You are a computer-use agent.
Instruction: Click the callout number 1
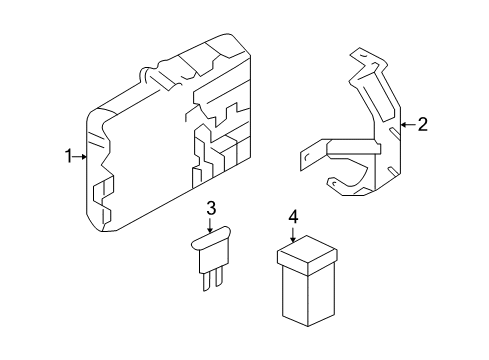(68, 156)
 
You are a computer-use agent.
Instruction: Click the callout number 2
(422, 125)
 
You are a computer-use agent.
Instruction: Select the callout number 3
(211, 208)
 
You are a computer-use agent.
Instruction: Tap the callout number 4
(293, 216)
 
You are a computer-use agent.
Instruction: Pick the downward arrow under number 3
(211, 226)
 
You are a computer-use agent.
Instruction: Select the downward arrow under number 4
(293, 235)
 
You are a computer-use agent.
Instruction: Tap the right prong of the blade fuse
(218, 281)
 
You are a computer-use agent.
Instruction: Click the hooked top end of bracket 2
(360, 55)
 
